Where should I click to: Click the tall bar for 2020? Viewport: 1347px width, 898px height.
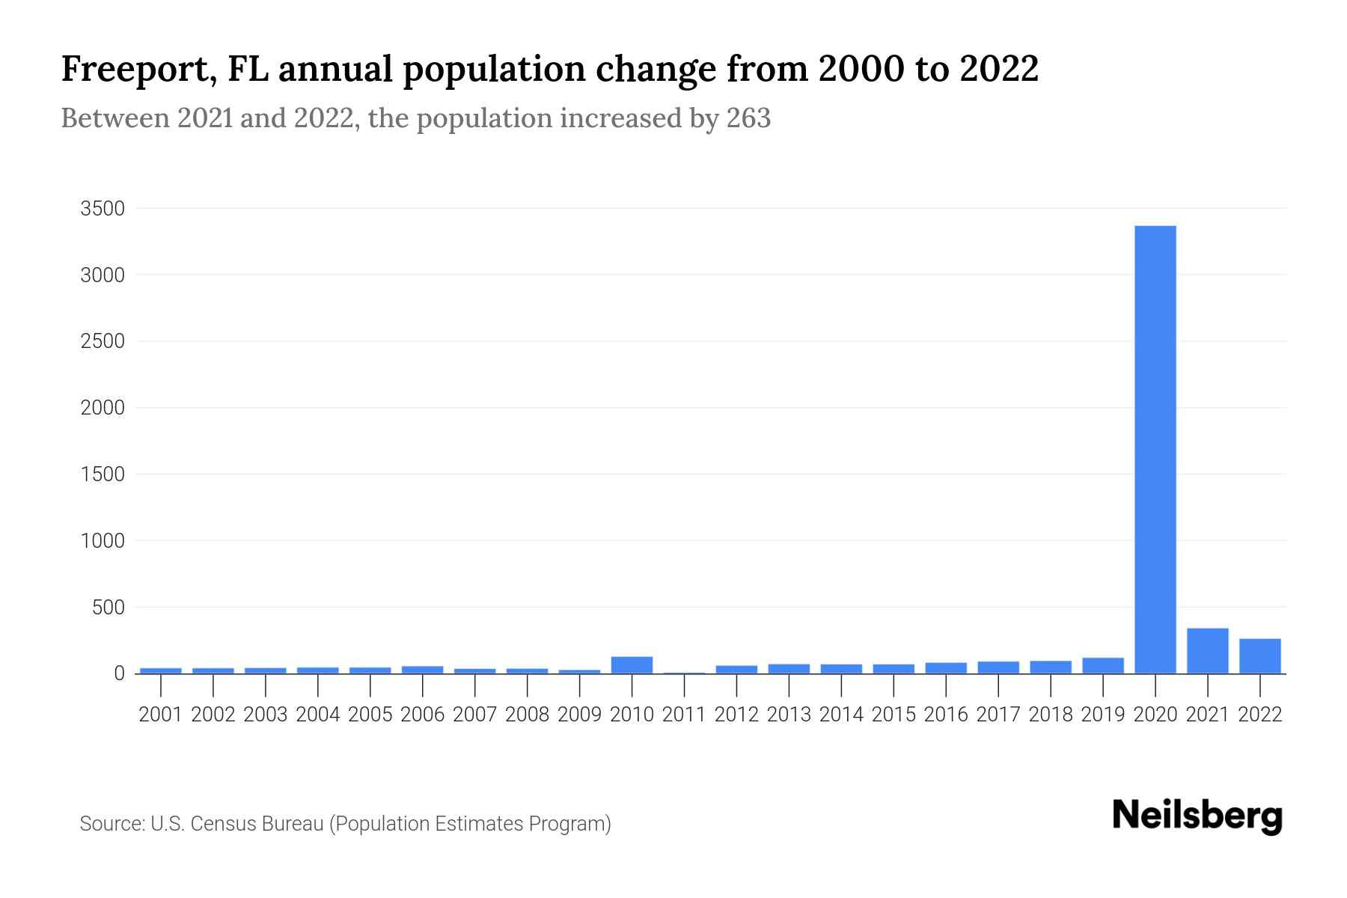click(1155, 449)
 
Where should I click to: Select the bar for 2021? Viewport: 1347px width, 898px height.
click(1207, 650)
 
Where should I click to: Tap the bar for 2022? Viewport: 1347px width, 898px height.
click(1259, 656)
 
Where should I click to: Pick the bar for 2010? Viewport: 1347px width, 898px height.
click(632, 665)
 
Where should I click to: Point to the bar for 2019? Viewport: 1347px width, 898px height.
click(1102, 665)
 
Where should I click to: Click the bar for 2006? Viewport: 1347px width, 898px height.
click(422, 669)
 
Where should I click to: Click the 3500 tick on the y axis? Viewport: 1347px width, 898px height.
click(103, 209)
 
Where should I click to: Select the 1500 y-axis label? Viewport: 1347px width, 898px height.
click(103, 474)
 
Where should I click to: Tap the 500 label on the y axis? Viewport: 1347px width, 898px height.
click(109, 608)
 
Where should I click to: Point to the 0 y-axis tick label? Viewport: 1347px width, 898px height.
click(119, 673)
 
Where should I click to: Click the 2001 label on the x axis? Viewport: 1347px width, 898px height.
click(161, 715)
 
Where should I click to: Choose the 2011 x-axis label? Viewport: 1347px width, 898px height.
click(684, 715)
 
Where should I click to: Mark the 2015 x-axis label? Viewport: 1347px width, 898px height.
click(894, 715)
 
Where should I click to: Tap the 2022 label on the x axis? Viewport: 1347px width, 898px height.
click(1260, 715)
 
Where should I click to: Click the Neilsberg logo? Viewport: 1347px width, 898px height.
click(1197, 816)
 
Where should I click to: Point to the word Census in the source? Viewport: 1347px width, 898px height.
click(218, 824)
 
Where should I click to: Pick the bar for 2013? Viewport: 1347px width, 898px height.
click(789, 668)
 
